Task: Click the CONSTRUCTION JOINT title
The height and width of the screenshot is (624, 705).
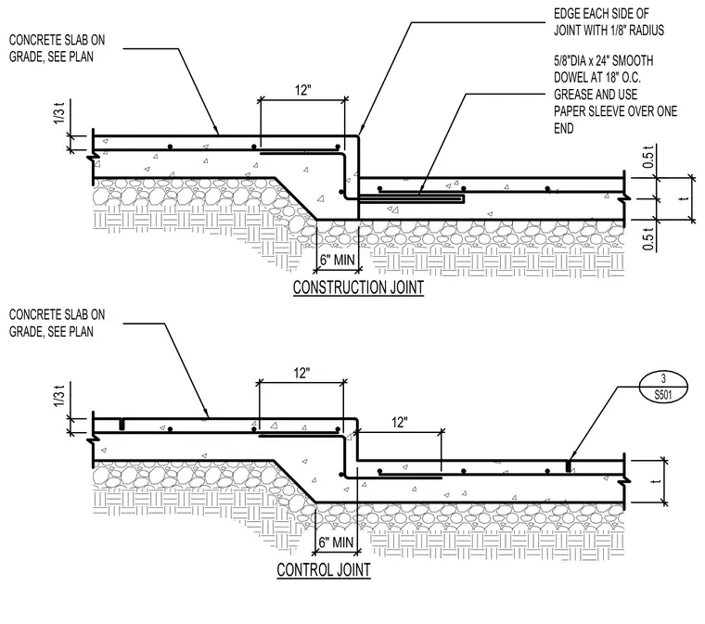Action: pyautogui.click(x=358, y=287)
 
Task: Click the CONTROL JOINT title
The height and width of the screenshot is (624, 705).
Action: pyautogui.click(x=324, y=569)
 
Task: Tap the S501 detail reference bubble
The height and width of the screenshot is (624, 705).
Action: pyautogui.click(x=663, y=387)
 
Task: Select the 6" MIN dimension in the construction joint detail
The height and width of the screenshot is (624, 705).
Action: pyautogui.click(x=338, y=260)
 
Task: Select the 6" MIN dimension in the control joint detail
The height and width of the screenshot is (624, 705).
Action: pyautogui.click(x=336, y=541)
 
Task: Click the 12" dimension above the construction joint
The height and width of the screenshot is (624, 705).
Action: pyautogui.click(x=303, y=90)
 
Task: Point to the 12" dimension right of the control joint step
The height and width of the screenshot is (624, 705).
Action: pyautogui.click(x=400, y=422)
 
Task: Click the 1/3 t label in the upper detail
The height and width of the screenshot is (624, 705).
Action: pyautogui.click(x=59, y=114)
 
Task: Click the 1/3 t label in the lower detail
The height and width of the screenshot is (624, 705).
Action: pyautogui.click(x=59, y=396)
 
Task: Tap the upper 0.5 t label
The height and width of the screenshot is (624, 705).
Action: pyautogui.click(x=648, y=158)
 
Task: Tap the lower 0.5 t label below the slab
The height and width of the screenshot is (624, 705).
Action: pyautogui.click(x=648, y=239)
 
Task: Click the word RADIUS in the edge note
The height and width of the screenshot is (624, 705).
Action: pyautogui.click(x=647, y=30)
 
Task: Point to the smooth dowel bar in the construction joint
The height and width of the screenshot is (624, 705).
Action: pyautogui.click(x=412, y=198)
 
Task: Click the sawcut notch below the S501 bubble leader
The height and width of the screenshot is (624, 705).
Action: pyautogui.click(x=569, y=465)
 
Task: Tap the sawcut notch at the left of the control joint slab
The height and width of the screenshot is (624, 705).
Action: pyautogui.click(x=122, y=425)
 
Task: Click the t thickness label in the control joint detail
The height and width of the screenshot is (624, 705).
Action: pyautogui.click(x=657, y=481)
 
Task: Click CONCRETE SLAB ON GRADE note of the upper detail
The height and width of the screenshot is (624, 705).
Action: pyautogui.click(x=58, y=48)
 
